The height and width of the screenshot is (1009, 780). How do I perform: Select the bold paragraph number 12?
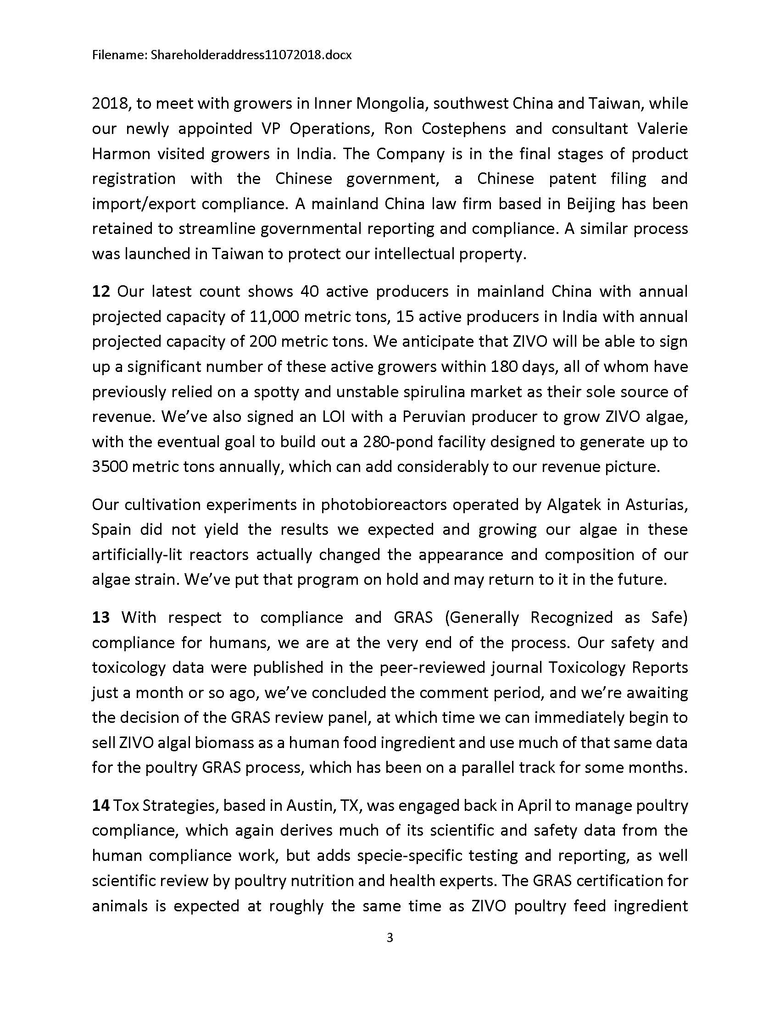[x=100, y=292]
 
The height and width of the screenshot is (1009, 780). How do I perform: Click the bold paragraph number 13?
[x=101, y=617]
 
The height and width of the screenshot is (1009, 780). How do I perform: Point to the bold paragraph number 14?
[x=100, y=805]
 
